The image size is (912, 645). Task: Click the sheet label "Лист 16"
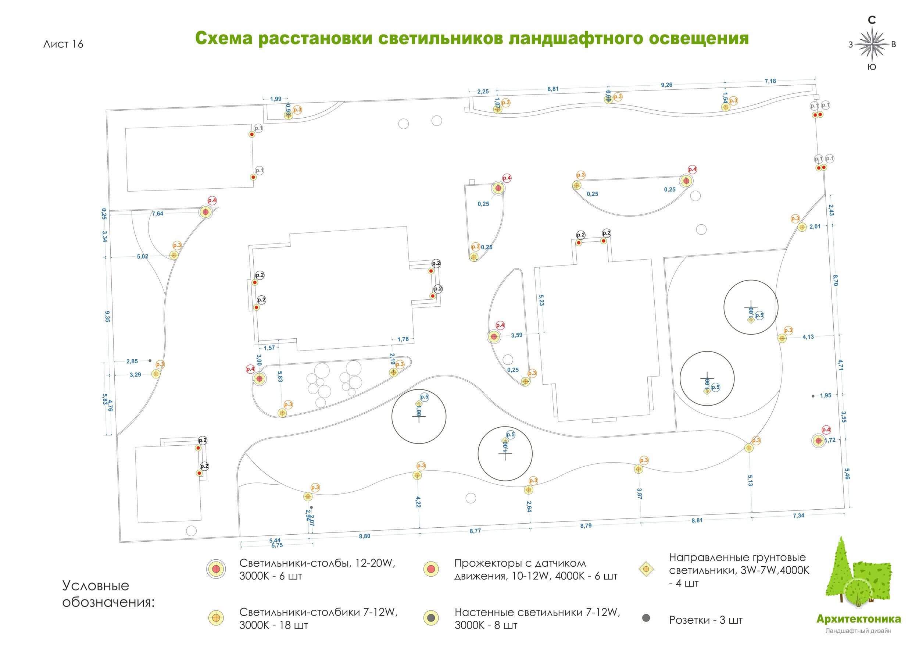[x=63, y=44]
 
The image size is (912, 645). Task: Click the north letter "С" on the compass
[x=872, y=20]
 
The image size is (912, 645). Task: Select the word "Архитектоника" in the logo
[x=858, y=619]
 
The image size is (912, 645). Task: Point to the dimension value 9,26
[x=666, y=85]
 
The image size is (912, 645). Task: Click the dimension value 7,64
[x=157, y=214]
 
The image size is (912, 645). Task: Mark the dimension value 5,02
[x=143, y=257]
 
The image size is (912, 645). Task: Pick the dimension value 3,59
[x=516, y=335]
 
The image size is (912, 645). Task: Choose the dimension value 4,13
[x=808, y=337]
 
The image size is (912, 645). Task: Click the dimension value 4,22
[x=418, y=502]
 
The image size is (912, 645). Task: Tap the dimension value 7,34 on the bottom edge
[x=798, y=516]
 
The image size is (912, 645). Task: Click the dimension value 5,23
[x=541, y=300]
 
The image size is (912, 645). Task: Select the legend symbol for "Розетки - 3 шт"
[x=646, y=618]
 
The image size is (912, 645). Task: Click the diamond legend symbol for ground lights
[x=646, y=569]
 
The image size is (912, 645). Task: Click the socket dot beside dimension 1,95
[x=813, y=396]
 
